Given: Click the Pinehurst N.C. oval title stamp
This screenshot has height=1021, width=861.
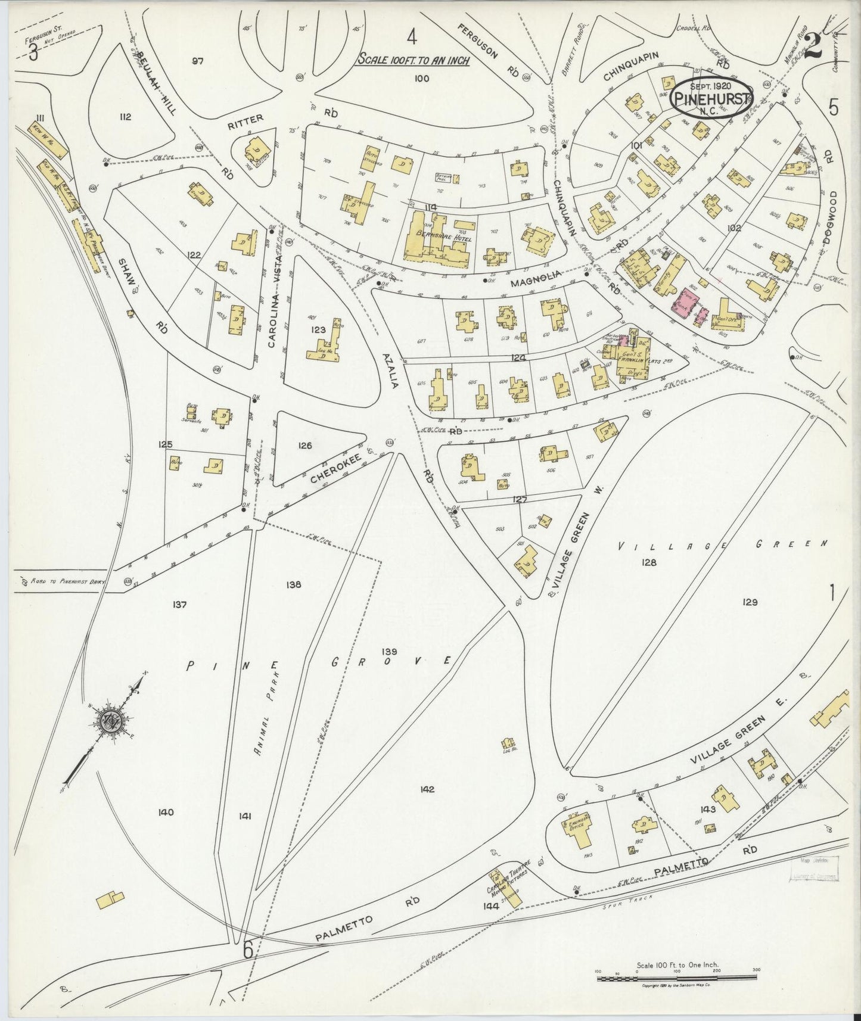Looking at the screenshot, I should (711, 98).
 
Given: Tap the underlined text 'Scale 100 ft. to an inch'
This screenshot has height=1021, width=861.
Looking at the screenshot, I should (413, 60).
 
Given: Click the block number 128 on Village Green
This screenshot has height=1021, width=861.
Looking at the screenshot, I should (648, 562).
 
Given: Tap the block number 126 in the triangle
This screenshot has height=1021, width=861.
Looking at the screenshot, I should (304, 445).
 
